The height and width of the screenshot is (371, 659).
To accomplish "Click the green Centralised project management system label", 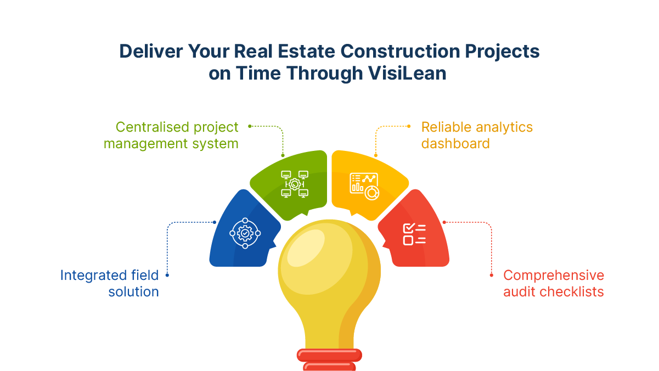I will pyautogui.click(x=171, y=135).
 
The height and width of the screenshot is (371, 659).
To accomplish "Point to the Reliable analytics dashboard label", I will pyautogui.click(x=476, y=135).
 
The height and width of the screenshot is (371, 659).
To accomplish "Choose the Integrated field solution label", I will pyautogui.click(x=110, y=283).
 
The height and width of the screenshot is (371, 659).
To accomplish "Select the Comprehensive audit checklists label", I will pyautogui.click(x=553, y=283).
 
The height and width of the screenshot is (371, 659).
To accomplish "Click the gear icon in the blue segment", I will pyautogui.click(x=245, y=233).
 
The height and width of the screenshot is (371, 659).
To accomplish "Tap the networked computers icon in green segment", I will pyautogui.click(x=295, y=184).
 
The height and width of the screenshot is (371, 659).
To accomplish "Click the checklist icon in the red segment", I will pyautogui.click(x=414, y=234).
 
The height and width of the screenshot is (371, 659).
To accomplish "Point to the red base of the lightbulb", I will pyautogui.click(x=329, y=359).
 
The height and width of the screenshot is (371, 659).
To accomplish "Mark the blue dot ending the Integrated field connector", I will pyautogui.click(x=167, y=275).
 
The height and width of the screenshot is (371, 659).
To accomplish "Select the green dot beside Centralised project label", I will pyautogui.click(x=250, y=126).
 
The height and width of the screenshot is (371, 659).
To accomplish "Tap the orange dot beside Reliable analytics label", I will pyautogui.click(x=409, y=126).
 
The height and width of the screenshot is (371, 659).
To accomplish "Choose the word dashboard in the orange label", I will pyautogui.click(x=455, y=144).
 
